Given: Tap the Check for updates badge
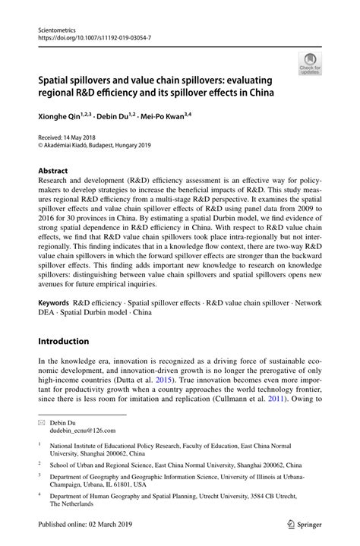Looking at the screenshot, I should [309, 65].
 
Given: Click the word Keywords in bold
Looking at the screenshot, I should [54, 302].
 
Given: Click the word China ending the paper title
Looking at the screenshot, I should [258, 93].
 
